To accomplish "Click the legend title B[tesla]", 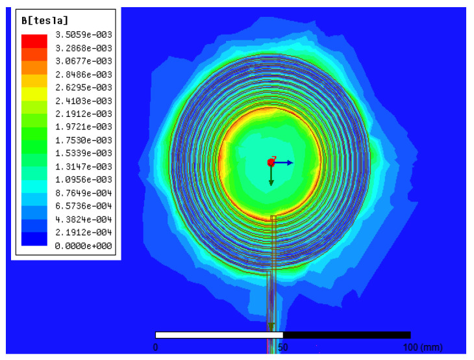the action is (x=45, y=21).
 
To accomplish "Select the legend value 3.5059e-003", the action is (x=84, y=34).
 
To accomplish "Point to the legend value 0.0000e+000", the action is (x=84, y=246).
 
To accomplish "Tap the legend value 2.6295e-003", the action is (x=84, y=88).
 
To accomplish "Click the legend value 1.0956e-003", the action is (x=84, y=180).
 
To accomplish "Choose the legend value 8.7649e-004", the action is (x=84, y=193).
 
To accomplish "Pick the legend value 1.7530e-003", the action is (x=84, y=140).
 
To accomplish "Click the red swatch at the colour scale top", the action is (x=34, y=41).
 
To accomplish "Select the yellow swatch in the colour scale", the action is (x=34, y=94).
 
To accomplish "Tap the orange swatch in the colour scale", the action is (x=34, y=68).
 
